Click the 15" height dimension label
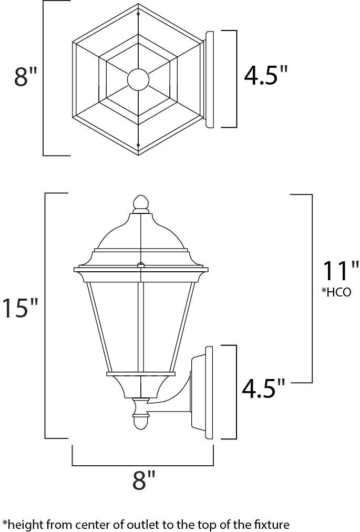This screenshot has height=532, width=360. coord(20,309)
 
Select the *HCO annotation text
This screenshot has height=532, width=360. coord(336,292)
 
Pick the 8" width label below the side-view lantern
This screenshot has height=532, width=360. coord(143,480)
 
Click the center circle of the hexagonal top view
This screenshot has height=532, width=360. coord(138,79)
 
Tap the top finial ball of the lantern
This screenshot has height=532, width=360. coord(140,202)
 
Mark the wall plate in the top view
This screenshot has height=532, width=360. coord(209,79)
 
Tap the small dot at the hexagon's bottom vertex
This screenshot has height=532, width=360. coord(138,145)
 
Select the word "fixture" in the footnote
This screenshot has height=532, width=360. coord(273,524)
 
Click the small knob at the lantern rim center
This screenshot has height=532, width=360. coord(140,265)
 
